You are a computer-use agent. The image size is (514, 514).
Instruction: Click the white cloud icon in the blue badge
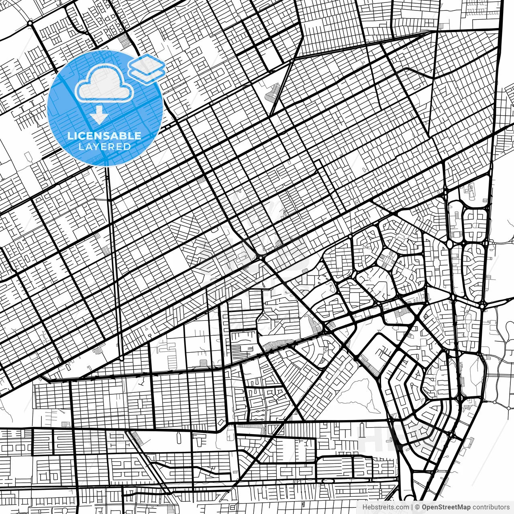[x=104, y=85]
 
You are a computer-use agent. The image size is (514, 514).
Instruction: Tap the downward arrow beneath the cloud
[x=98, y=116]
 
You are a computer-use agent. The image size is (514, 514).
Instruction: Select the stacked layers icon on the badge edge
[x=147, y=67]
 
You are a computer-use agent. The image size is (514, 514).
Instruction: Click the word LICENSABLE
[x=104, y=136]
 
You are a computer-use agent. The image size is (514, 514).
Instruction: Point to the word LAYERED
[x=104, y=147]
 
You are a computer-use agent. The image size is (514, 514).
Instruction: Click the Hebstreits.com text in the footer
[x=385, y=507]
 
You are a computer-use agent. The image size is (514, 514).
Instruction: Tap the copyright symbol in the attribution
[x=417, y=507]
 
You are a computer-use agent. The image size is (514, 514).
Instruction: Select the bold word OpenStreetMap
[x=446, y=507]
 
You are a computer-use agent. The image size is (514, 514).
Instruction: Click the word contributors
[x=491, y=507]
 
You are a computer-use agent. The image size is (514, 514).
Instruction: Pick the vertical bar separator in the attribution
[x=412, y=507]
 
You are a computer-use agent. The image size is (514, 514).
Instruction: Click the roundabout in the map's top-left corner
[x=30, y=23]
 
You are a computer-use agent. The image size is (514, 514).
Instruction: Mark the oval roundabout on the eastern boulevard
[x=449, y=244]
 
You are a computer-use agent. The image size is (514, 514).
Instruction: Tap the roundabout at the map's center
[x=261, y=256]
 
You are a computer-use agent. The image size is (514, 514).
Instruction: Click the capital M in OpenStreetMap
[x=462, y=507]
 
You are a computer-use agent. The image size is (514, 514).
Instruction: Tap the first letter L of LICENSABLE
[x=70, y=136]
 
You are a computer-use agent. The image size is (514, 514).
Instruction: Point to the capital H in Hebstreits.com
[x=364, y=507]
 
